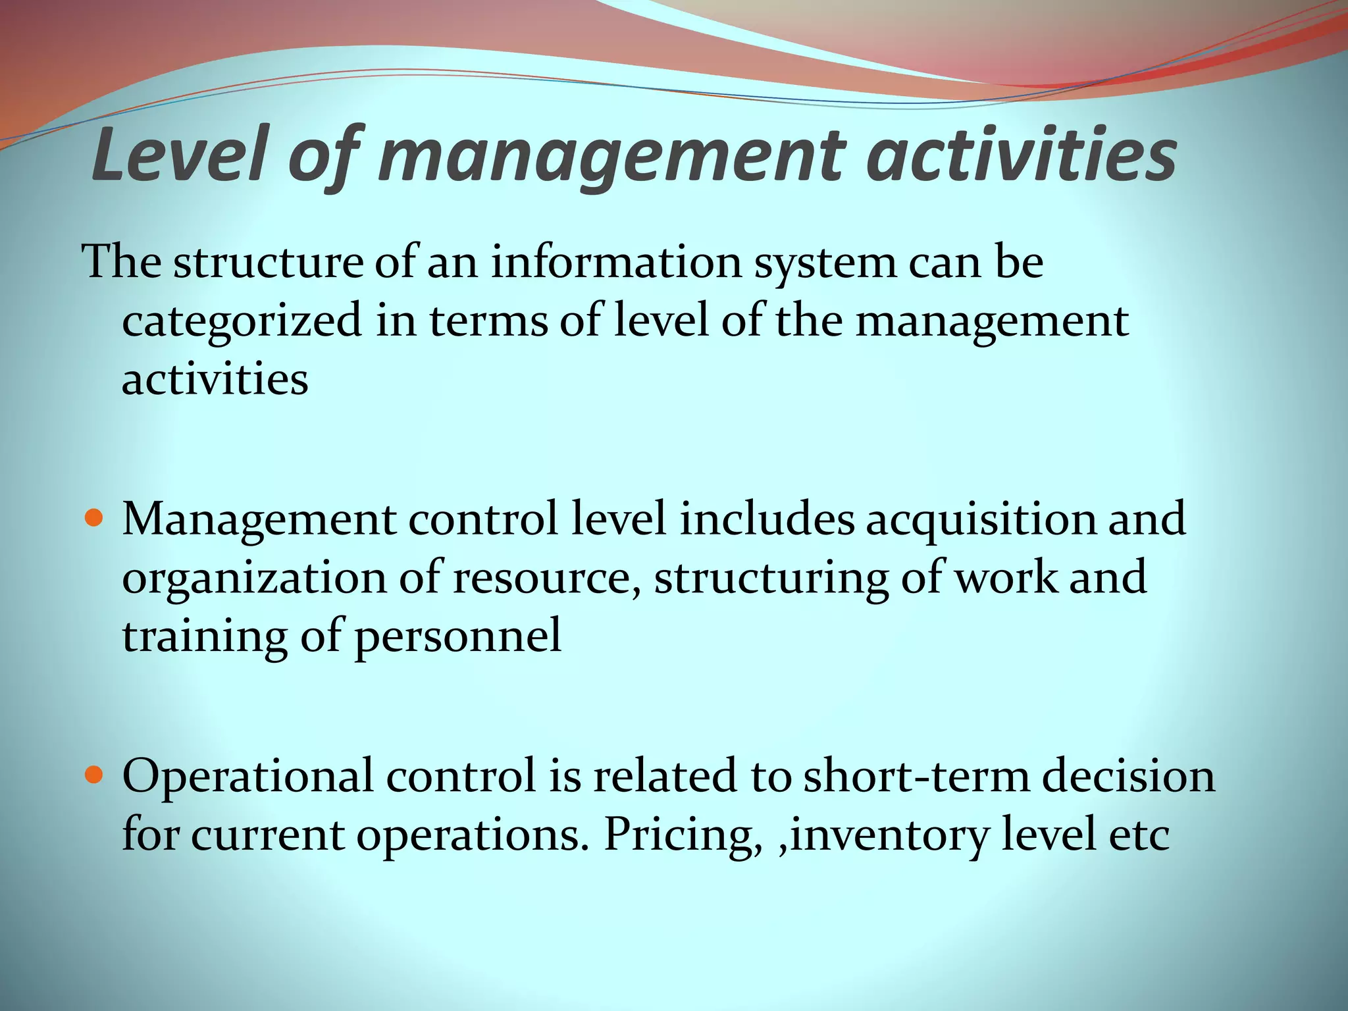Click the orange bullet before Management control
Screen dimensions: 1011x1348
click(x=96, y=519)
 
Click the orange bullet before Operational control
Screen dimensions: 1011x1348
click(x=96, y=775)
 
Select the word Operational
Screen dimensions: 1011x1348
click(x=247, y=777)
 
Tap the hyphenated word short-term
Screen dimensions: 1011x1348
click(x=916, y=775)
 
